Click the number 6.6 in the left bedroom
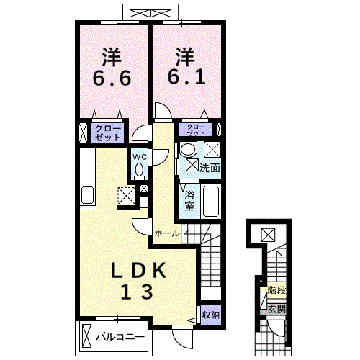[112, 78]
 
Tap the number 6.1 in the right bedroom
[186, 77]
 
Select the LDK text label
[138, 271]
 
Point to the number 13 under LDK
[137, 292]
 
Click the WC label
[140, 157]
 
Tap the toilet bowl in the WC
[139, 171]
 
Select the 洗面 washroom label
[210, 168]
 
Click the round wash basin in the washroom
[188, 149]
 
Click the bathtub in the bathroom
[211, 201]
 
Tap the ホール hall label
[167, 233]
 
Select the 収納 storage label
[211, 315]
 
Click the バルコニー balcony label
[120, 337]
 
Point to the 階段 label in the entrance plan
[276, 291]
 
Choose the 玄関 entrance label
[276, 310]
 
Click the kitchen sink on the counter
[87, 195]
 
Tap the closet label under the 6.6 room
[107, 132]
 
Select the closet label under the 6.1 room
[196, 130]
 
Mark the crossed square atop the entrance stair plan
[268, 235]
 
